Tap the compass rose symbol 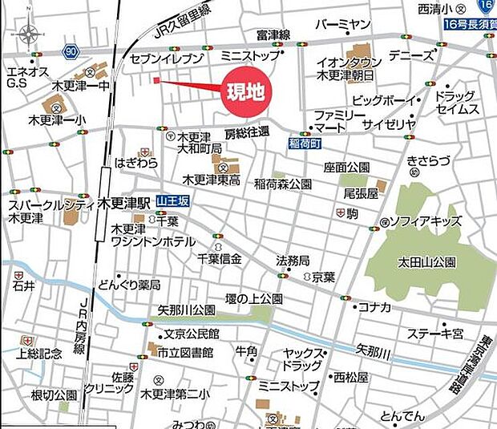30,34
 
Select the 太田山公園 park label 426,262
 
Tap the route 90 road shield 73,51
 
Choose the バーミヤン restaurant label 342,25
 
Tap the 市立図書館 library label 185,352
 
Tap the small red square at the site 156,80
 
